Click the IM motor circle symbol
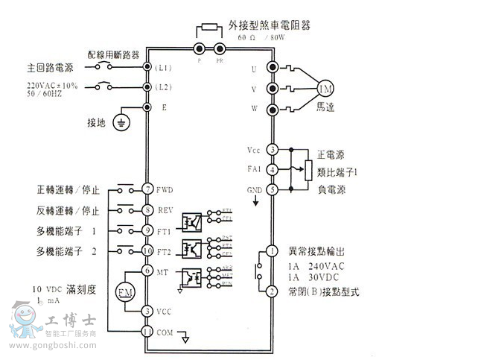click(325, 89)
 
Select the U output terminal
click(273, 68)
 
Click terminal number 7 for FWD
click(147, 189)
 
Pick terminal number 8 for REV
click(147, 209)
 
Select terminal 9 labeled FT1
click(147, 230)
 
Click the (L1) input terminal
click(147, 68)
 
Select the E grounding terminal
click(147, 107)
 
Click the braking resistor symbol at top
click(210, 28)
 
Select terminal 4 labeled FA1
click(273, 170)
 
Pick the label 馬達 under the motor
click(325, 108)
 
